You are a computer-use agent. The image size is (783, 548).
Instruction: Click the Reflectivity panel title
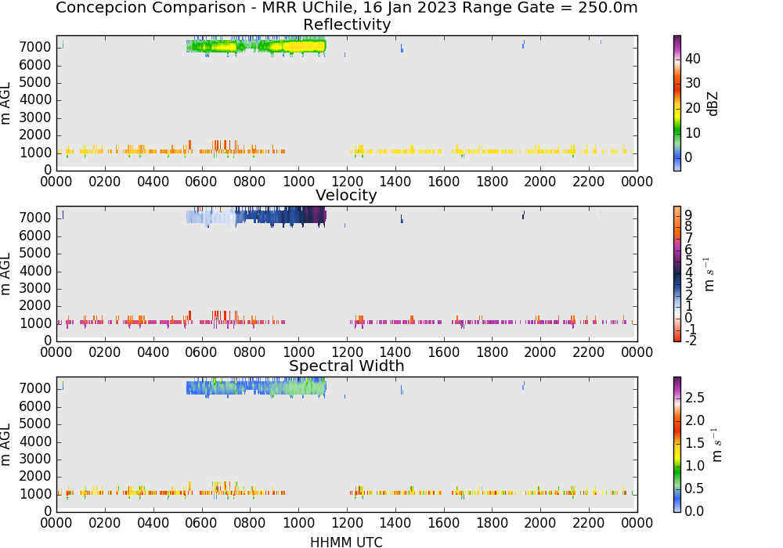pos(347,24)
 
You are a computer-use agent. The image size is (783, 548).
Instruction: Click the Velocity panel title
pos(346,195)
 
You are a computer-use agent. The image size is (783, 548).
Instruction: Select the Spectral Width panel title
pos(347,366)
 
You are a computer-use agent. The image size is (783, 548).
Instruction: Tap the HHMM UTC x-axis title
pos(346,543)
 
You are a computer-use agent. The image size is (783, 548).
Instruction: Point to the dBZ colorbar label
pos(713,104)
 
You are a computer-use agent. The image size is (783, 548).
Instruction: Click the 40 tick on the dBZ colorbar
pos(693,59)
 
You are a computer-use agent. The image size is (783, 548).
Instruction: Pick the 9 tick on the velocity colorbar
pos(688,215)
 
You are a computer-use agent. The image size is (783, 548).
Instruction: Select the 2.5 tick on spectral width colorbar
pos(695,398)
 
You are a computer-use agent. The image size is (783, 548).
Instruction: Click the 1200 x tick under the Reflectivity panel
pos(347,182)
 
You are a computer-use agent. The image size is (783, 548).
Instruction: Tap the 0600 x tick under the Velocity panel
pos(201,352)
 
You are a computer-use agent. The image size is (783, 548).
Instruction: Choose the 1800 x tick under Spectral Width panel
pos(492,523)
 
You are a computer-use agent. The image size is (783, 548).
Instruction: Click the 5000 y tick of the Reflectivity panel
pos(35,82)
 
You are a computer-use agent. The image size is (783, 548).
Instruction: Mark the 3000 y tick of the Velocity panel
pos(35,288)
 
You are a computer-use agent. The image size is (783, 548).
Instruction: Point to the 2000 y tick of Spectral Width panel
pos(35,477)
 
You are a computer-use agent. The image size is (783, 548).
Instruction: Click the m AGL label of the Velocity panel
pos(6,274)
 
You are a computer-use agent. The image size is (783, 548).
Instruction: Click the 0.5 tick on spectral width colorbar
pos(695,488)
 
